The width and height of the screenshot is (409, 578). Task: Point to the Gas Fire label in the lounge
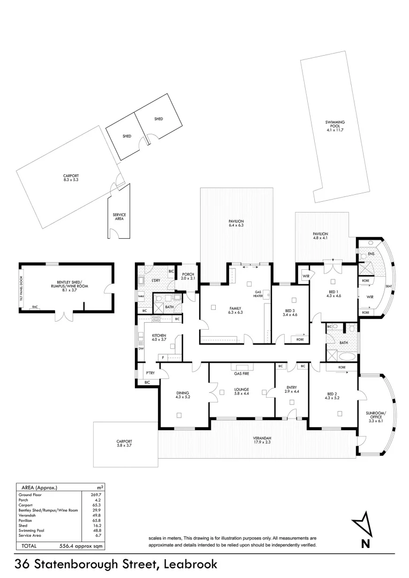241,374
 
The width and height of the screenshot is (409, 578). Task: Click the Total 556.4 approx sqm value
80,546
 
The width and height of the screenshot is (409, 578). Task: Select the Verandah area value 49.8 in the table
96,515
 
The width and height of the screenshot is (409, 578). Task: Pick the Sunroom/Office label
376,417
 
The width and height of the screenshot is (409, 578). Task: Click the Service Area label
119,217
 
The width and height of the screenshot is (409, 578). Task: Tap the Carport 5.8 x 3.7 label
124,444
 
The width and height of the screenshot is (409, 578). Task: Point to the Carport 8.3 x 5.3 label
70,178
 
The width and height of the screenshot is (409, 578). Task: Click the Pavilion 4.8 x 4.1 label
321,236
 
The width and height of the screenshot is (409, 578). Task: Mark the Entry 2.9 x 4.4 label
291,390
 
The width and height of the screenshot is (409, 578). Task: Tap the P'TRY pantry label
150,372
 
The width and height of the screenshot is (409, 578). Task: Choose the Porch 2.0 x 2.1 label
187,277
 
